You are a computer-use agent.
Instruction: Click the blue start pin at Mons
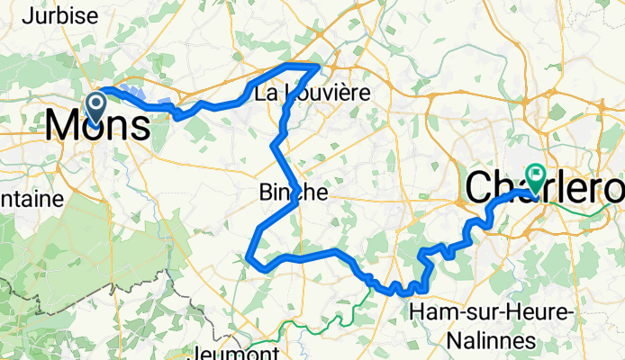click(x=95, y=107)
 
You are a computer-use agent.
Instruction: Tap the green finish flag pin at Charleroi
click(x=538, y=175)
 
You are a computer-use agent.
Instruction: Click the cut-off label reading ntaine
click(x=31, y=197)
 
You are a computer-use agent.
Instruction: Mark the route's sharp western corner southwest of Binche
click(x=248, y=257)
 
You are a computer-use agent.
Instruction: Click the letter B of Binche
click(x=265, y=193)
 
